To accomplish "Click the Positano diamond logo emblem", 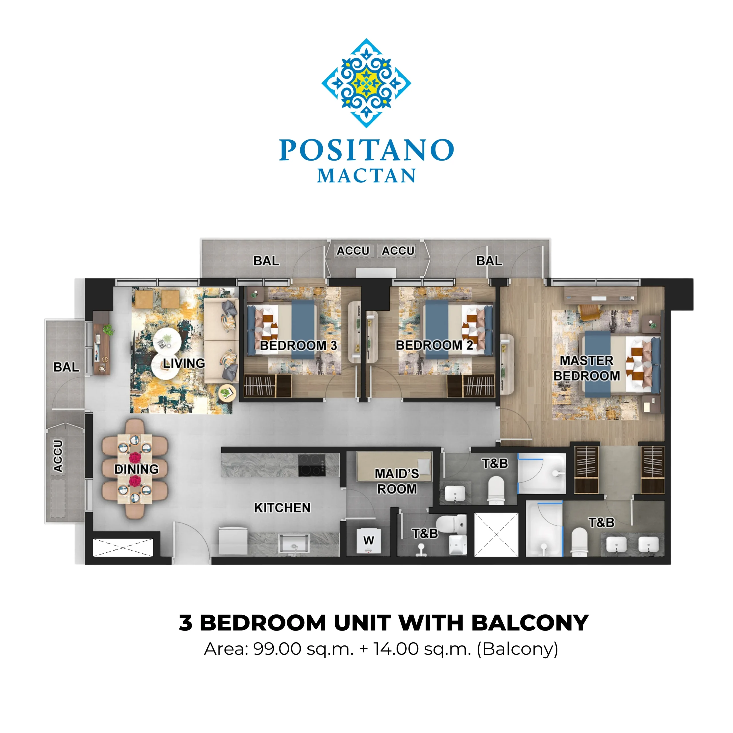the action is coord(366,83).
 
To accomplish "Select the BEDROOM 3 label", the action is coord(298,345).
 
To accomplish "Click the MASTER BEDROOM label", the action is coord(587,368).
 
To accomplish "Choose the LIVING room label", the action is coord(184,363).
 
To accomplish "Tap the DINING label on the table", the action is coord(137,469).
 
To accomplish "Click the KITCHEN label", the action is coord(282,508).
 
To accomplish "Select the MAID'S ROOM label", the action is coord(397,481).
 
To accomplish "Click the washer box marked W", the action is coord(369,540).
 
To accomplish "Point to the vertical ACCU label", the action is coord(58,456).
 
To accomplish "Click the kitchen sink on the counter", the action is coord(294,543).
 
